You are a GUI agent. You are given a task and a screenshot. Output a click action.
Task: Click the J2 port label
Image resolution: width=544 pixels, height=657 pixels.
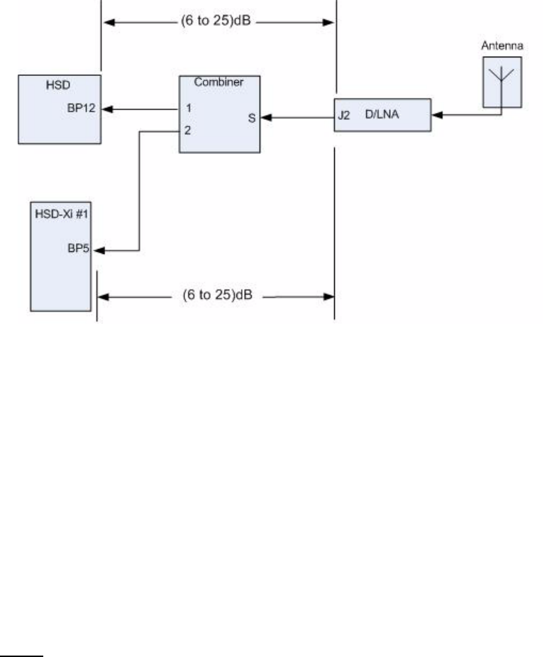(x=344, y=114)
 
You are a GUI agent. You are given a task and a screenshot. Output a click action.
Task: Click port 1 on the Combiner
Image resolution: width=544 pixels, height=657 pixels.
(x=187, y=109)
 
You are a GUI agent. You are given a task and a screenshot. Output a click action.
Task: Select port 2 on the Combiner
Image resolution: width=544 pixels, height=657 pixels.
(x=187, y=130)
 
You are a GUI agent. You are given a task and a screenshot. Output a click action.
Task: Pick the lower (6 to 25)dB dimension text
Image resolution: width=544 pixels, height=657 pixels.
(x=218, y=295)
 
